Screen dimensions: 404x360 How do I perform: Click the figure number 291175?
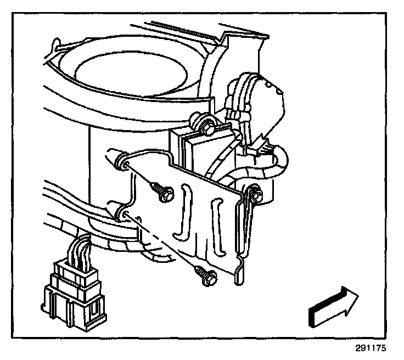point(371,348)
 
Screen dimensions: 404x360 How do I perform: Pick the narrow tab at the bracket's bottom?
point(240,275)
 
